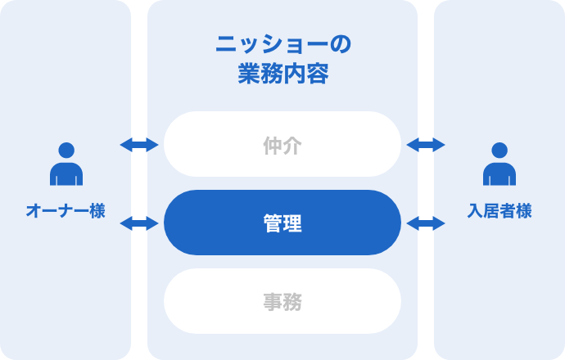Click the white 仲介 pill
[x=282, y=145]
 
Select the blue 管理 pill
[x=282, y=223]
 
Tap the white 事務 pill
[x=282, y=302]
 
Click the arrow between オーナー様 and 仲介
[x=139, y=145]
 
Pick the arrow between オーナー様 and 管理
[x=139, y=223]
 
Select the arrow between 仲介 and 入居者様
[x=426, y=145]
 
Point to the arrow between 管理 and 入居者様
[x=426, y=223]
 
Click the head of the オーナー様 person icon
[x=66, y=151]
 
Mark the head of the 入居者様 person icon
[x=499, y=151]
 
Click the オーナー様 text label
[x=66, y=211]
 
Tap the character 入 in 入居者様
[x=475, y=211]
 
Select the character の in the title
[x=340, y=45]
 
